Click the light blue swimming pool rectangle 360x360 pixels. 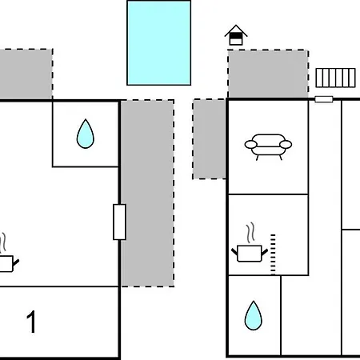tap(159, 43)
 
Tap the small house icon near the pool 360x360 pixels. tap(236, 35)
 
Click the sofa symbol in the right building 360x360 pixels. tap(268, 147)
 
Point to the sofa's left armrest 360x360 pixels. tap(251, 145)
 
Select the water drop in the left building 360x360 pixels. tap(86, 134)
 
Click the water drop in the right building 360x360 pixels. tap(254, 316)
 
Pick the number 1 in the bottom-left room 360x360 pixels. tap(31, 322)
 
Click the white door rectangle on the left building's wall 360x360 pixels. tap(119, 222)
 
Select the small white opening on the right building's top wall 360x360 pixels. tap(324, 99)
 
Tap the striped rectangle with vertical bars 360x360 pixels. tap(335, 78)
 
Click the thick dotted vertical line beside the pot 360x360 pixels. tap(273, 254)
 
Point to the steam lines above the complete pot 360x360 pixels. tap(250, 233)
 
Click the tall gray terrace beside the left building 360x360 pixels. tap(147, 194)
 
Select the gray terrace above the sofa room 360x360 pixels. tap(268, 74)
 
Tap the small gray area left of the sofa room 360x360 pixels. tap(209, 139)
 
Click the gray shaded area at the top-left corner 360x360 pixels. tap(26, 74)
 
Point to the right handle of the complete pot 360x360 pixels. tap(265, 252)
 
